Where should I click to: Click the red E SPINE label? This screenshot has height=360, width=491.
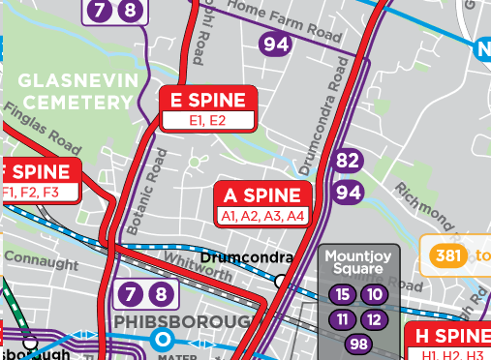[208, 100]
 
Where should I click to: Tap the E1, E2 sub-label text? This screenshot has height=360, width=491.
[208, 120]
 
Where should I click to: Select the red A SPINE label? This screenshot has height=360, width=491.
[262, 195]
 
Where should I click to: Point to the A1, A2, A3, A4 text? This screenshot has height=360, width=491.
[262, 215]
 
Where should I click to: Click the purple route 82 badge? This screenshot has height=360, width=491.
[349, 161]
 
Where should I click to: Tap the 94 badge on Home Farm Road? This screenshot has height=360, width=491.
[276, 44]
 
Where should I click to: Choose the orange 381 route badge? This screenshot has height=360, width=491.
[446, 255]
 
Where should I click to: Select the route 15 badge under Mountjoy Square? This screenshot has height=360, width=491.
[341, 294]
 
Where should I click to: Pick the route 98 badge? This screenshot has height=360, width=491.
[358, 345]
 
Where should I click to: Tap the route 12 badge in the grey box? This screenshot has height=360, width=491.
[375, 319]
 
